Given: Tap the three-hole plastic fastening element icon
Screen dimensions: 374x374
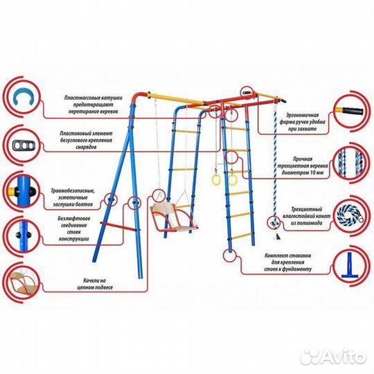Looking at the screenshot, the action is pos(24,145).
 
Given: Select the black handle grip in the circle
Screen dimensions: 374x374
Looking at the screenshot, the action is pos(354,111).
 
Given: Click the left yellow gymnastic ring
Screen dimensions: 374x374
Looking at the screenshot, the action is pos(216,179).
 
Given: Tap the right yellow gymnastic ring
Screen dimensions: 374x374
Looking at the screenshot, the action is pos(232,180).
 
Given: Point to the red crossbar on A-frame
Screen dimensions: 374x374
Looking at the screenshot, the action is pos(118,226).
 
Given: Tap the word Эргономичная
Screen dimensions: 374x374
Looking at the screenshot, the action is pos(302,115).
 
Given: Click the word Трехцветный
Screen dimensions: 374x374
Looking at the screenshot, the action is pos(307,209).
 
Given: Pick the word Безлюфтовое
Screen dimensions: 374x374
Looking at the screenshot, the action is pos(74,218).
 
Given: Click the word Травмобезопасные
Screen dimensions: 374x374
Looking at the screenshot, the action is pos(73,191).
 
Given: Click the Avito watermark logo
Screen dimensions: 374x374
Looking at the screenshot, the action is pos(333,357).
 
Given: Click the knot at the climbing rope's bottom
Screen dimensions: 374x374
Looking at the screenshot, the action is pos(274,223).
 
